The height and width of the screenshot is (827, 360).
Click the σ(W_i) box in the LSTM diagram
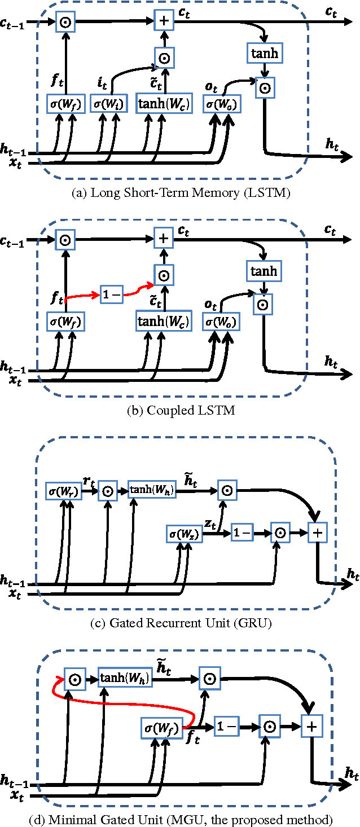[x=109, y=104]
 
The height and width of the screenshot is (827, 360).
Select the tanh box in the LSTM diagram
[x=264, y=54]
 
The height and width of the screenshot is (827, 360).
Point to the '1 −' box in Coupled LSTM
[x=111, y=294]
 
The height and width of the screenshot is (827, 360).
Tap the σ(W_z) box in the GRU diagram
[x=185, y=533]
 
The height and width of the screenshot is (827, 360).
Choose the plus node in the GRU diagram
[x=318, y=533]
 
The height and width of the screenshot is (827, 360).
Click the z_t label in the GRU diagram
[x=210, y=524]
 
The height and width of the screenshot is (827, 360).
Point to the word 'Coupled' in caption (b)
[x=163, y=411]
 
